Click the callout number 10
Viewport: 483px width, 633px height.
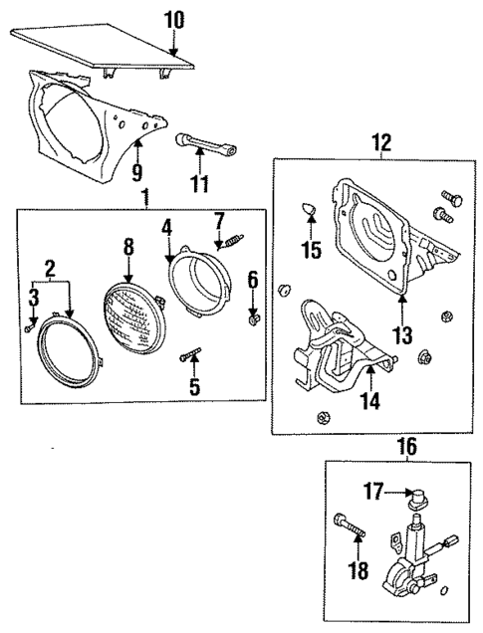coord(173,19)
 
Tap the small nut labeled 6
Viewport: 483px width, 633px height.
coord(253,319)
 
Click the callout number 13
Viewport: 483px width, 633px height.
coord(401,337)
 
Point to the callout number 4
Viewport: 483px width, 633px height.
coord(168,227)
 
